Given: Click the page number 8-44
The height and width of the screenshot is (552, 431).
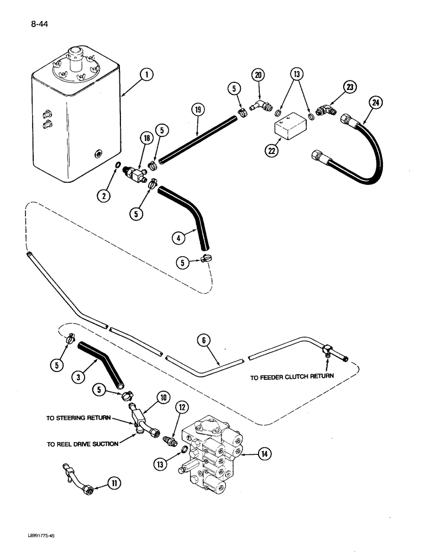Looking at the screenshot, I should pos(34,24).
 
